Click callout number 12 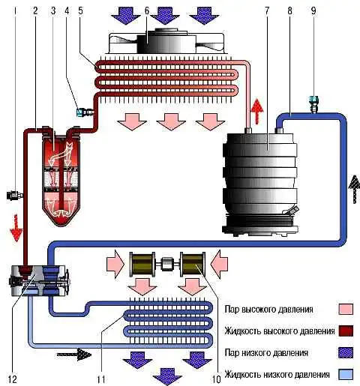coord(13,379)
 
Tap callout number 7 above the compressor coord(267,10)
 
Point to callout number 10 coord(217,379)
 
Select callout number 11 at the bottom coord(101,379)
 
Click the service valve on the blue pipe coord(313,104)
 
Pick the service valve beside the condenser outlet coord(85,112)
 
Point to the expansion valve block coord(39,280)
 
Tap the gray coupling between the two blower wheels coord(166,265)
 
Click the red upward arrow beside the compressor coord(256,111)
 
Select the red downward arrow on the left coord(16,228)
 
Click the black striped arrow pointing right coord(74,355)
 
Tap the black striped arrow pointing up coord(354,189)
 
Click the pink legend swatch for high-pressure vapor coord(346,309)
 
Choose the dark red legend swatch coord(346,331)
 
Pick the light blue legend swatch coord(346,375)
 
